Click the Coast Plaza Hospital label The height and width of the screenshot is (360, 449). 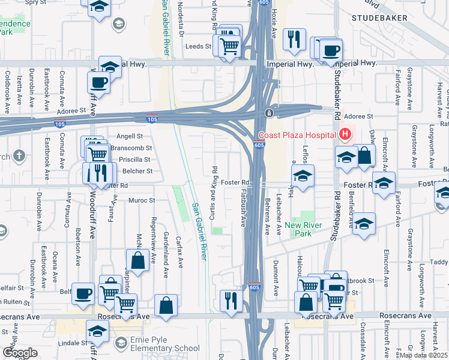(297, 135)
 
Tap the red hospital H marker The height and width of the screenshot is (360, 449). (345, 134)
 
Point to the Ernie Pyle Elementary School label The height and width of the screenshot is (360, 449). (161, 348)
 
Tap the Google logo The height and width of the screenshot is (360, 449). (19, 352)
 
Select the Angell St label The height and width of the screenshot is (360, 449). (130, 136)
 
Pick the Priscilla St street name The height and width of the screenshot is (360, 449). (135, 160)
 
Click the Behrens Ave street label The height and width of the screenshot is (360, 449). (266, 213)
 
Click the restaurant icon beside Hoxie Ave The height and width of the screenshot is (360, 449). (294, 39)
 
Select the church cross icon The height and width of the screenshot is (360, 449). (19, 157)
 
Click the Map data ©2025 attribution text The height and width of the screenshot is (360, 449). (424, 355)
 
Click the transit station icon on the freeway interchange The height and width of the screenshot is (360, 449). (270, 113)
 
